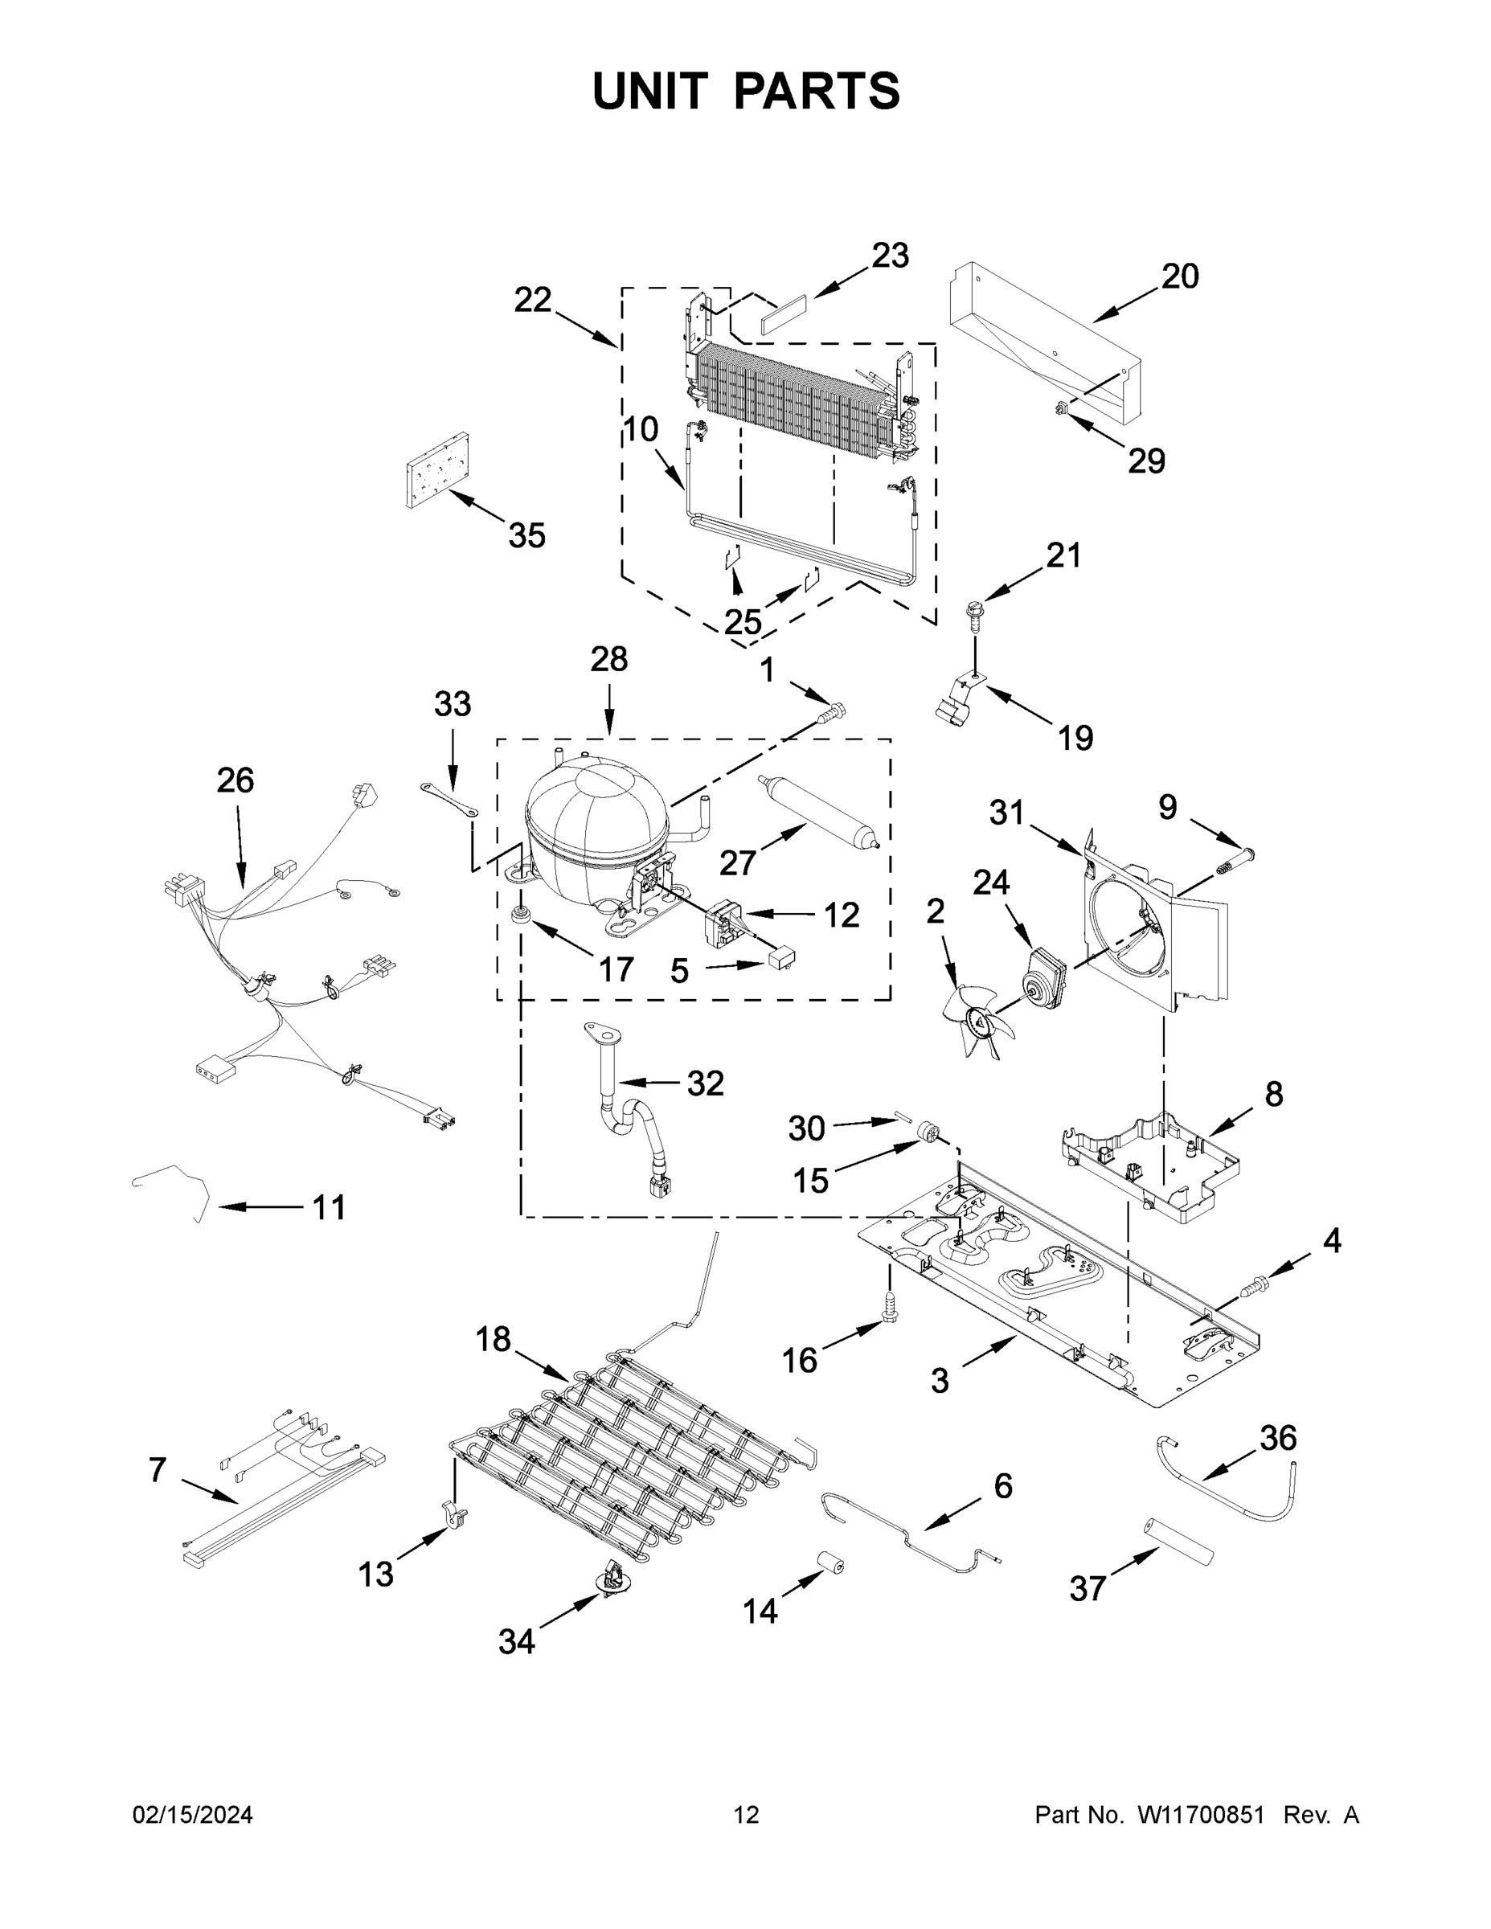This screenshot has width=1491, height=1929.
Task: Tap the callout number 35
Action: pos(526,536)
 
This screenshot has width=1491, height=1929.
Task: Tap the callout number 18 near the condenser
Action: pos(493,1340)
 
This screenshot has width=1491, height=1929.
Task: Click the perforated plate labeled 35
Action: pos(437,472)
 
